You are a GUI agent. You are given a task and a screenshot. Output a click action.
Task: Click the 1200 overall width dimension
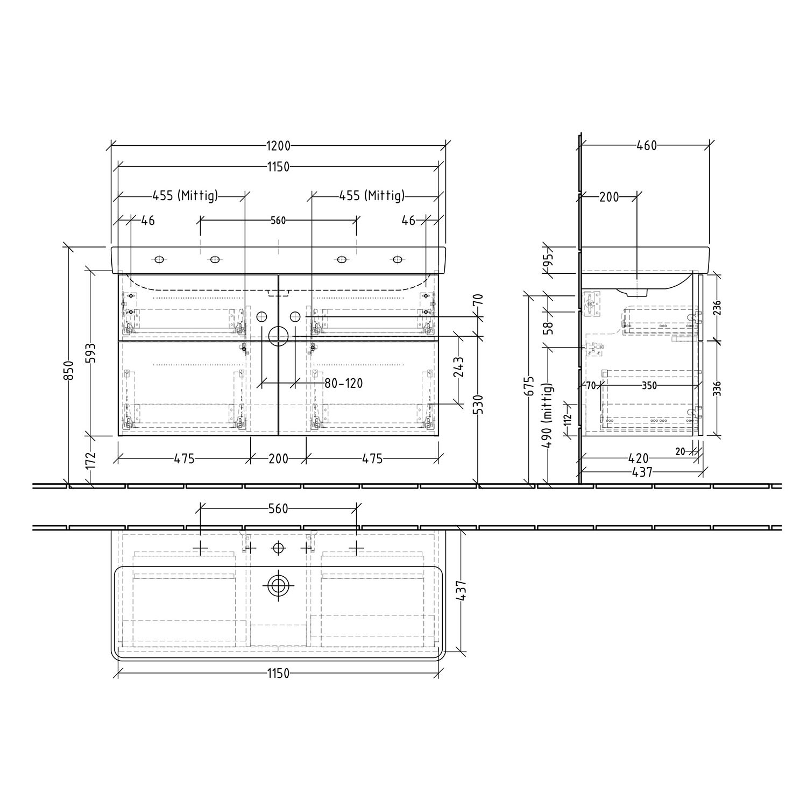tap(278, 146)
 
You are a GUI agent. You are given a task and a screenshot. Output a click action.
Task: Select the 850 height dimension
tap(69, 370)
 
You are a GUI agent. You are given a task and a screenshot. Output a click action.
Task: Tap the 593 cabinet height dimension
tap(91, 353)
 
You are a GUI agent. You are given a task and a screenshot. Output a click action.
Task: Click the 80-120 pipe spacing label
tap(343, 383)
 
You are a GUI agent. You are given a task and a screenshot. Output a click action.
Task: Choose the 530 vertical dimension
tap(478, 405)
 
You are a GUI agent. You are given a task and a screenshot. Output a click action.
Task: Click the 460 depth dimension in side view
tap(647, 146)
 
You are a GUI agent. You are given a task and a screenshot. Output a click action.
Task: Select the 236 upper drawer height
tap(717, 308)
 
